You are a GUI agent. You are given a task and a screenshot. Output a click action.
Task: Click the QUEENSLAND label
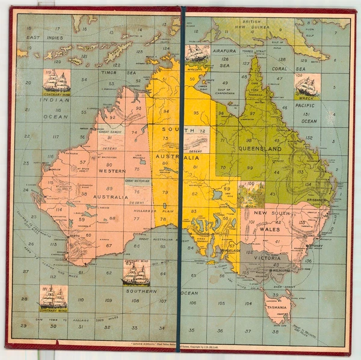pyautogui.click(x=260, y=148)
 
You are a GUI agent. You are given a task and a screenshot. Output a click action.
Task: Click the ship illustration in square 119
pyautogui.click(x=56, y=80)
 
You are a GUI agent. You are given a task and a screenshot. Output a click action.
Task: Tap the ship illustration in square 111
pyautogui.click(x=53, y=296)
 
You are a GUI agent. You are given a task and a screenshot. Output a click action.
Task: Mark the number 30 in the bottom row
pyautogui.click(x=53, y=326)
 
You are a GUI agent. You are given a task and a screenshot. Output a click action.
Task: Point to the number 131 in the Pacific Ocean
pyautogui.click(x=307, y=114)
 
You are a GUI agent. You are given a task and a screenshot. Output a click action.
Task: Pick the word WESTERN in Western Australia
pyautogui.click(x=112, y=171)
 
